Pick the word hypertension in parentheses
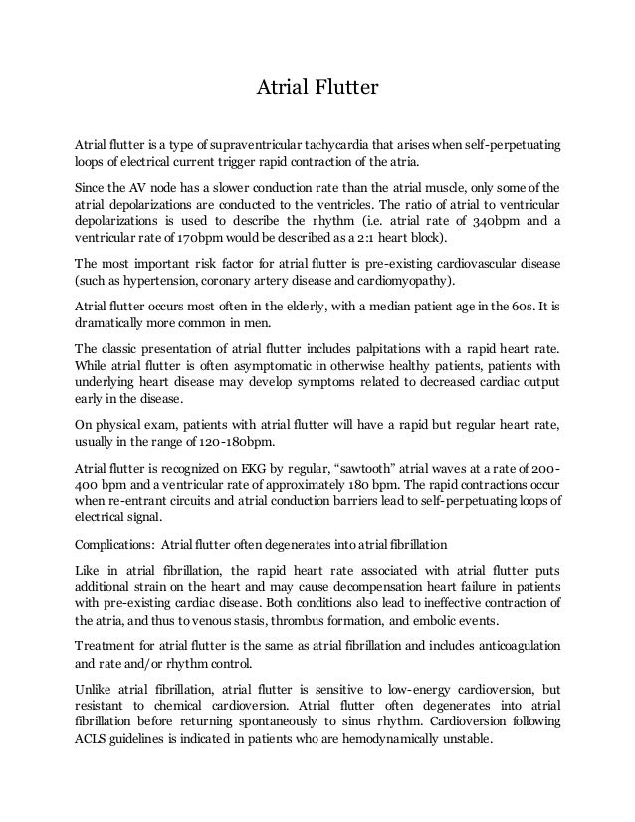tap(146, 282)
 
